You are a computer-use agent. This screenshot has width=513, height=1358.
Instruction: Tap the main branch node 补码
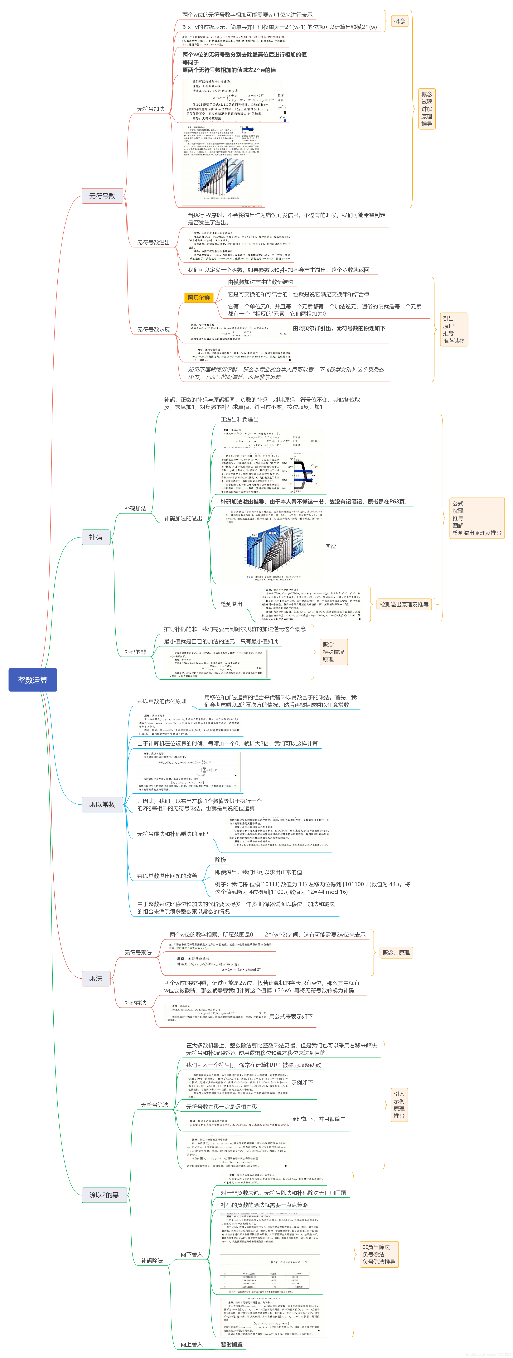tap(95, 537)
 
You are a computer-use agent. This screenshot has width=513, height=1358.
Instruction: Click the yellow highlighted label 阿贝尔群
tap(199, 298)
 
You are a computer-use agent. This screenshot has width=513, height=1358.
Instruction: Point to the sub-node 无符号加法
tap(151, 109)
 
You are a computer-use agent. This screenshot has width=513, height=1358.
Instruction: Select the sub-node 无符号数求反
tap(153, 329)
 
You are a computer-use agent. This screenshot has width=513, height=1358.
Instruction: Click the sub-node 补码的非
tap(135, 652)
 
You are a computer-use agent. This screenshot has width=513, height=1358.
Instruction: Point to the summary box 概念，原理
tap(396, 953)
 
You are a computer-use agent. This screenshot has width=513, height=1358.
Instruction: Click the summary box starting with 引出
tap(453, 329)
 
